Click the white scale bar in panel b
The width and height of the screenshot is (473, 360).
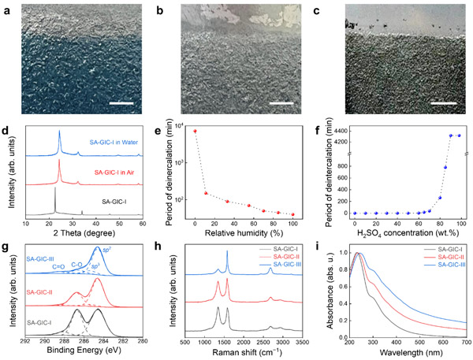pos(281,102)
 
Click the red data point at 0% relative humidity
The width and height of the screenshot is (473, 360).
pos(195,131)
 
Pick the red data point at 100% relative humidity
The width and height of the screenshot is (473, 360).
pos(293,214)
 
